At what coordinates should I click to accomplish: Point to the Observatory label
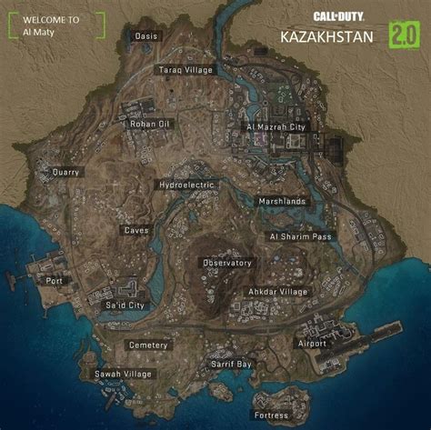coord(226,263)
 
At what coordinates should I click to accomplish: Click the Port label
coord(55,281)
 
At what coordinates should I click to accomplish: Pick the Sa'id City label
coord(125,305)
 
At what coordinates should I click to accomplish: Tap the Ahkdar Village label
coord(277,292)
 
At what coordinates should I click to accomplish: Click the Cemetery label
coord(148,345)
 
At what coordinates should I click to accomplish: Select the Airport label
coord(311,344)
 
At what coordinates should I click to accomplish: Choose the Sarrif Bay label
coord(231,364)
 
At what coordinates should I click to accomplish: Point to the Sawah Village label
coord(123,374)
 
